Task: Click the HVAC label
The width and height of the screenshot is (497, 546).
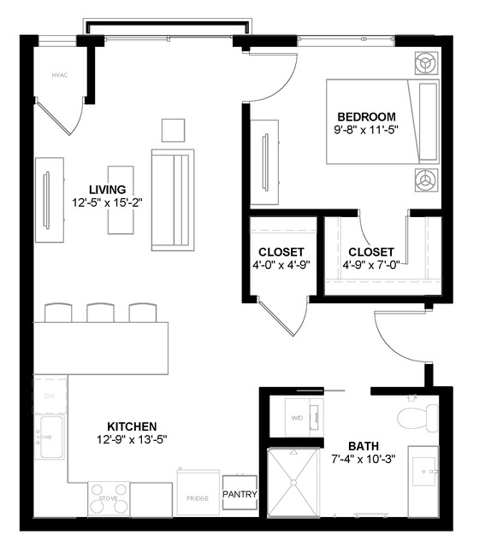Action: click(x=58, y=75)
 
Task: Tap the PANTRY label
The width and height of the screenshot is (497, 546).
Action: click(x=240, y=495)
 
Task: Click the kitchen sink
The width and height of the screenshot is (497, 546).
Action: click(x=50, y=437)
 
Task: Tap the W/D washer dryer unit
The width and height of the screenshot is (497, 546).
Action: click(x=297, y=417)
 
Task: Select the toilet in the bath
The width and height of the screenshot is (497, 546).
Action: click(x=416, y=417)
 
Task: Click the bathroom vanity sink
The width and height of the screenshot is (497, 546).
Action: click(x=425, y=470)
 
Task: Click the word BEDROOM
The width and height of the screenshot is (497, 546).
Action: click(x=366, y=117)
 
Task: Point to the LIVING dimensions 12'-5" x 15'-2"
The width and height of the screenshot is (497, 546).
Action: click(x=107, y=203)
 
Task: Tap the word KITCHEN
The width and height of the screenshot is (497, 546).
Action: click(x=131, y=426)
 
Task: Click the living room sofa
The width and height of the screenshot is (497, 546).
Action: click(x=173, y=199)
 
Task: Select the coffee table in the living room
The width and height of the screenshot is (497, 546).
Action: click(x=120, y=199)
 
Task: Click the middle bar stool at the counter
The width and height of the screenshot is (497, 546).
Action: click(x=100, y=313)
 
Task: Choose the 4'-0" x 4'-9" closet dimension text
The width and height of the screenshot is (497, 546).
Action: click(x=281, y=265)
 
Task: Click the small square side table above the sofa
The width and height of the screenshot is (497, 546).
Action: click(x=173, y=129)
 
